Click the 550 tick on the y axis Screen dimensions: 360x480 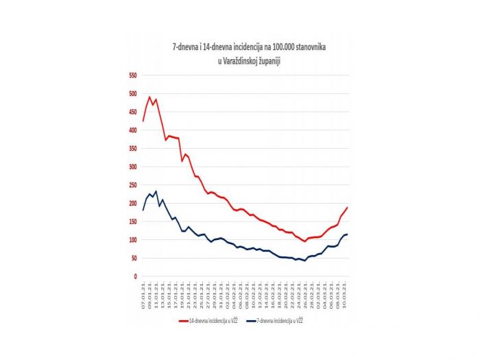click(133, 75)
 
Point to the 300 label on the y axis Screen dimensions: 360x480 click(133, 167)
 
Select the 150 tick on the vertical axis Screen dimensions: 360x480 click(133, 221)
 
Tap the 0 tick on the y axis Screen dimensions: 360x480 click(136, 276)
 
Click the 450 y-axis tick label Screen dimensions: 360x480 click(133, 112)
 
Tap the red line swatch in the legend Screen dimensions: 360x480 click(183, 320)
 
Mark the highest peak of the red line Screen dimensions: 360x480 click(149, 97)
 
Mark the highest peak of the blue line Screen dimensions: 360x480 click(156, 191)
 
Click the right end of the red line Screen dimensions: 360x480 click(348, 207)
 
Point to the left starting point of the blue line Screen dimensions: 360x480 click(143, 210)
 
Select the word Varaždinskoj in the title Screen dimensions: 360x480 click(241, 61)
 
